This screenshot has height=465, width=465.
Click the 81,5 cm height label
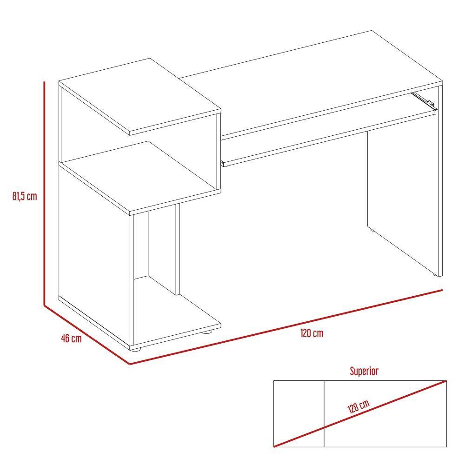(25, 196)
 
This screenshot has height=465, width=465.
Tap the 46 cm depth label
(71, 338)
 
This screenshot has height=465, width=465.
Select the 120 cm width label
(312, 333)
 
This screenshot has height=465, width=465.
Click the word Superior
(364, 371)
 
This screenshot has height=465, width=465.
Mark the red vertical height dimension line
(44, 195)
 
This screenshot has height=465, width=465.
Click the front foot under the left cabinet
(135, 348)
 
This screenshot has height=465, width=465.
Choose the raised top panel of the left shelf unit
(139, 95)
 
